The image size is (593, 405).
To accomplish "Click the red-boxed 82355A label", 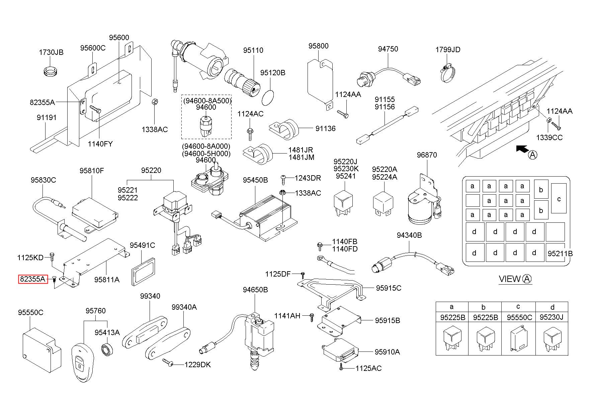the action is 32,279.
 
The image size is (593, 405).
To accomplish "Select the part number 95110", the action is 253,50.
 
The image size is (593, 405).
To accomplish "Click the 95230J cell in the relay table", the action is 552,317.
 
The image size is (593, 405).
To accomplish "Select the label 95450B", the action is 255,180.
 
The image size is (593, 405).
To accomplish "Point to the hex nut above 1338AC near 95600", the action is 155,102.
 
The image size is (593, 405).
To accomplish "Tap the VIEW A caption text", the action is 515,279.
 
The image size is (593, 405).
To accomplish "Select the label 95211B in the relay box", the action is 560,254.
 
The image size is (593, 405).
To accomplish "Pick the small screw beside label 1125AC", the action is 341,367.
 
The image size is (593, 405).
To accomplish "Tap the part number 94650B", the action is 255,290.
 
